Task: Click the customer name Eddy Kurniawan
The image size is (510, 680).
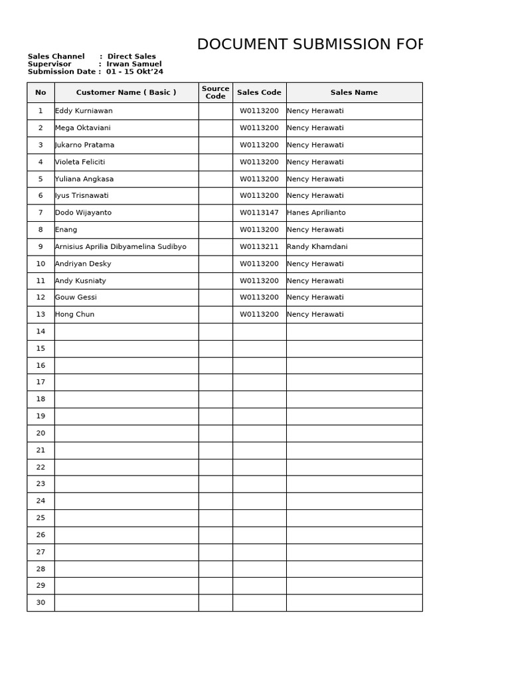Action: [x=84, y=111]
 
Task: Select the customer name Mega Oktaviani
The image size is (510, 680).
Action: [x=83, y=128]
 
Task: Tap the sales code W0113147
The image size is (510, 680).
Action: [x=259, y=213]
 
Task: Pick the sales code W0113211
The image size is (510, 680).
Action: [x=259, y=247]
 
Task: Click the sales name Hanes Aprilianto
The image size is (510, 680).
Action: [x=316, y=213]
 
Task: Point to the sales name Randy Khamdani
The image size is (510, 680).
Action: [x=317, y=247]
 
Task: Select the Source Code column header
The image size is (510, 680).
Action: [x=215, y=92]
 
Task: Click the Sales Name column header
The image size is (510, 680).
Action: [x=354, y=93]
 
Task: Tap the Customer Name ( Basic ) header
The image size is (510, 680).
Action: [x=126, y=93]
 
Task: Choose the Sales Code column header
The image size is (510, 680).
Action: [x=259, y=93]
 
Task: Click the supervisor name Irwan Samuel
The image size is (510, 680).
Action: [x=134, y=64]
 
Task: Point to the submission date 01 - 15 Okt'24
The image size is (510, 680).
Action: [x=135, y=72]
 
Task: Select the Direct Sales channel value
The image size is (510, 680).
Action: [x=131, y=56]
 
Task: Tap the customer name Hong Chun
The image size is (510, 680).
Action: [x=75, y=315]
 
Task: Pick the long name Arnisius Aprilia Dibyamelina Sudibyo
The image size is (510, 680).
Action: [x=121, y=247]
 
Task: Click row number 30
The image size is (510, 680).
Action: [x=41, y=603]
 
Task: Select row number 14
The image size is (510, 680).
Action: [x=41, y=331]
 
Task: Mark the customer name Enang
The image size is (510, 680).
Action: [x=66, y=230]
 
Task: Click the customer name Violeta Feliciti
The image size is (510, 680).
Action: [x=80, y=162]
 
